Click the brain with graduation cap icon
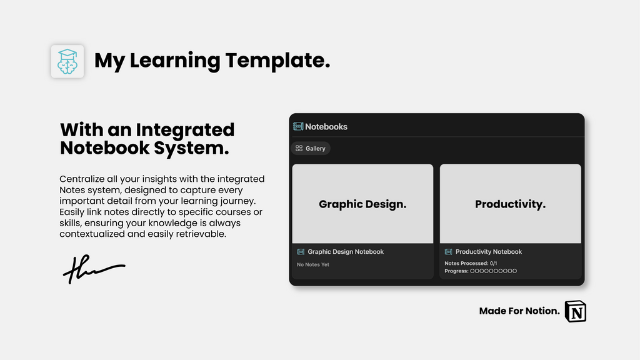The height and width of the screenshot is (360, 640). coord(67,61)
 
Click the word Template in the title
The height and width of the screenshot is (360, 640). coord(277,61)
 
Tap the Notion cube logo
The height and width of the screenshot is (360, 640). coord(576,311)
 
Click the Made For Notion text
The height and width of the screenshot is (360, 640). coord(519,311)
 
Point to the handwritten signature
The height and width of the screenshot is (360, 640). coord(92,269)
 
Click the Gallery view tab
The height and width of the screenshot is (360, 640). coord(311,149)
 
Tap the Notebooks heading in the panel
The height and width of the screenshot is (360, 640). coord(326,127)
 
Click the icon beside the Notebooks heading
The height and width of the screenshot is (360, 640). coord(298,126)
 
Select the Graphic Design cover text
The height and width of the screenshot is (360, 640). coord(362,204)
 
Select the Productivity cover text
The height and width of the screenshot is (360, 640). coord(510,204)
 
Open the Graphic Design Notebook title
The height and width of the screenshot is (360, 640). coord(345,252)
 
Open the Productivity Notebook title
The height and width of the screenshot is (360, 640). coord(488,252)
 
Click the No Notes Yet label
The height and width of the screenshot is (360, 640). coord(312,265)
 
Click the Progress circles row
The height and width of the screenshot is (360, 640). coord(493,271)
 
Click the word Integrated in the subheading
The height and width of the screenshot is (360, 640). coord(184,130)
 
